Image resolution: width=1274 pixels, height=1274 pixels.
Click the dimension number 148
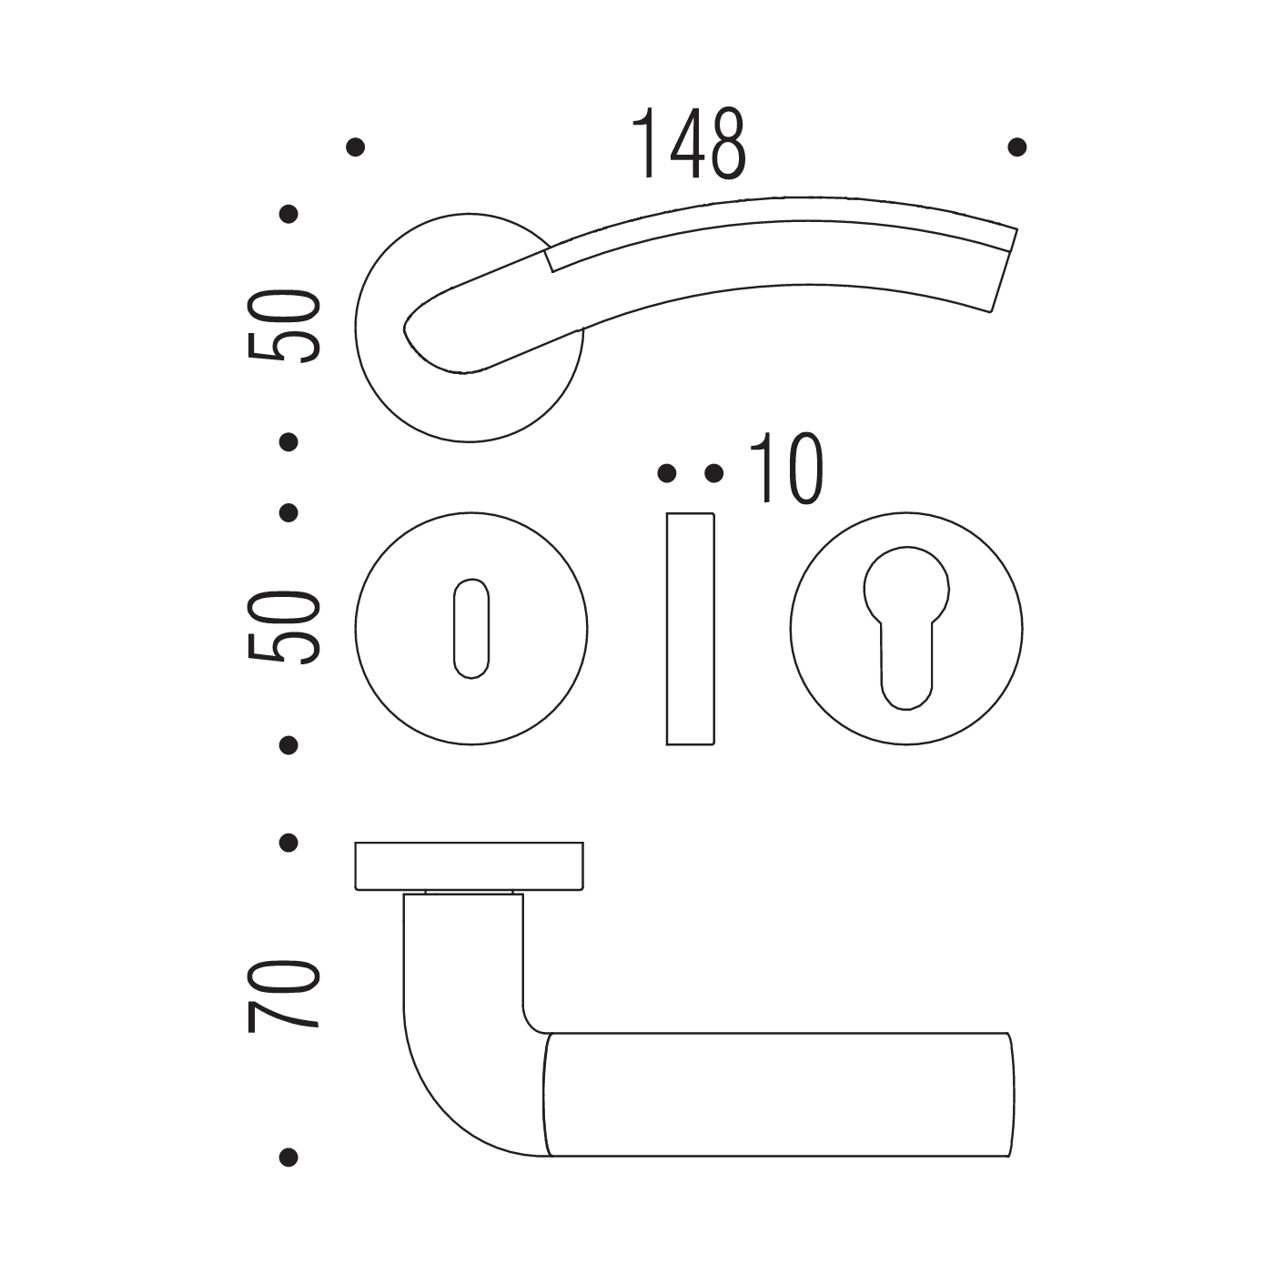pyautogui.click(x=689, y=144)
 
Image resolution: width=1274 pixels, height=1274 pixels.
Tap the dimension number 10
pyautogui.click(x=787, y=470)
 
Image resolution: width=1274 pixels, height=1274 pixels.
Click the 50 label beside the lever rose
pyautogui.click(x=284, y=326)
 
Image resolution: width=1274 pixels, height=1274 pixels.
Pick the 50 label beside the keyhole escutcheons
pyautogui.click(x=284, y=627)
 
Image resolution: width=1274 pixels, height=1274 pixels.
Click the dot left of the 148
pyautogui.click(x=356, y=147)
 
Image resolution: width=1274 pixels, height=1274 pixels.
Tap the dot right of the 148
pyautogui.click(x=1016, y=147)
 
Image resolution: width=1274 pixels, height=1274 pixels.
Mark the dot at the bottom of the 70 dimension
pyautogui.click(x=288, y=1157)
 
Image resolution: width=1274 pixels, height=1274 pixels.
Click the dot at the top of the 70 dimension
pyautogui.click(x=288, y=843)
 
